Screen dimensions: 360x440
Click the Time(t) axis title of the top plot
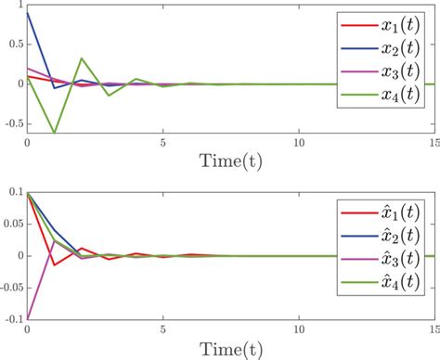coord(230,160)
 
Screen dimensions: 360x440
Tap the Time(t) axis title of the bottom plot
coord(230,350)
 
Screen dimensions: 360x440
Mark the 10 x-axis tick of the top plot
coord(299,143)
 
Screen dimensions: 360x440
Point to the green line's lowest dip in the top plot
coord(55,132)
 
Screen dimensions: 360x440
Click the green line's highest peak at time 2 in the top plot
coord(82,58)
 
